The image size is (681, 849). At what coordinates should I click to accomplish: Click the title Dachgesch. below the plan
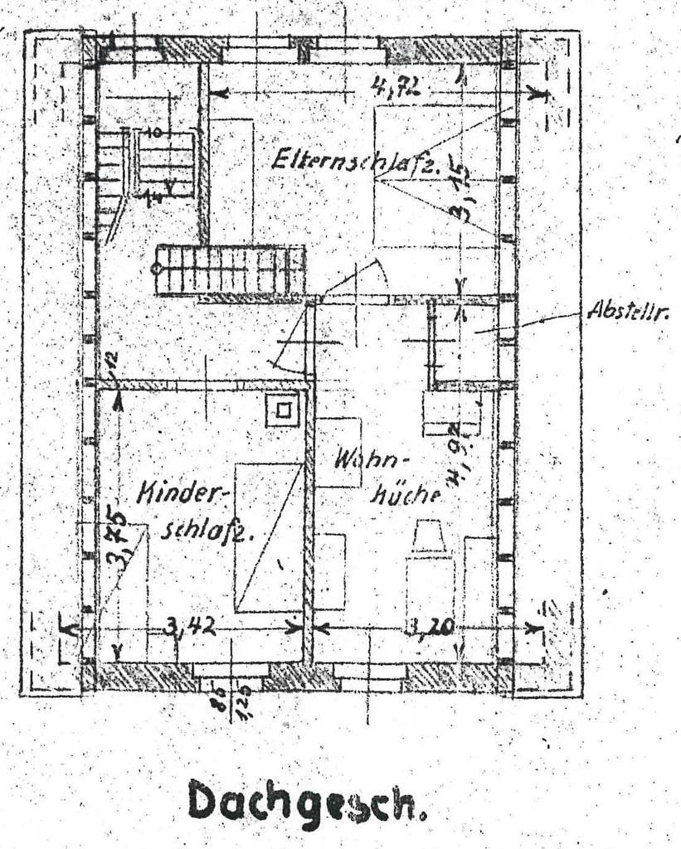pos(307,802)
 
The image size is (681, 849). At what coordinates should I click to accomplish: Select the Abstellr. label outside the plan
pos(628,312)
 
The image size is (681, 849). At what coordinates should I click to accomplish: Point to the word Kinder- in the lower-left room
pos(175,494)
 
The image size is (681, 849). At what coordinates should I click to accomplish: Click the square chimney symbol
pos(284,410)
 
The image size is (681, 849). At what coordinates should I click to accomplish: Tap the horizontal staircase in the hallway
pos(231,269)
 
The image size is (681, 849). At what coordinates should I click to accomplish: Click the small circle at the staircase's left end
pos(156,269)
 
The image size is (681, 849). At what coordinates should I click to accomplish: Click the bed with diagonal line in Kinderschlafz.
pos(267,537)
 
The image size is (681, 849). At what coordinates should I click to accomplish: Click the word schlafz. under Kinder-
pos(203,531)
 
